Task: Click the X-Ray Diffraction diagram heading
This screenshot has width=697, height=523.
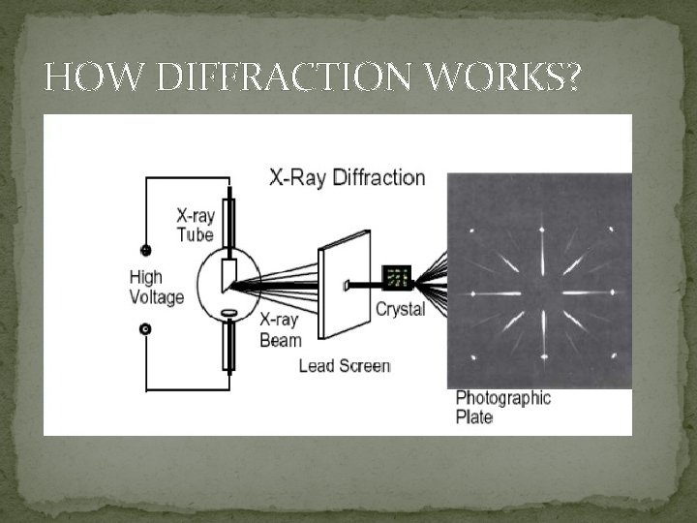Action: (x=348, y=178)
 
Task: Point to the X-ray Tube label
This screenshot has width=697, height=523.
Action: (x=195, y=225)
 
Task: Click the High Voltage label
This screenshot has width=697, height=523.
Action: (x=156, y=288)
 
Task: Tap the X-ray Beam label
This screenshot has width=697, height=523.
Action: (x=281, y=329)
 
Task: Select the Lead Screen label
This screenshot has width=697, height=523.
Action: (x=345, y=366)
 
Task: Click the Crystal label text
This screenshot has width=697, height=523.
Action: (x=399, y=309)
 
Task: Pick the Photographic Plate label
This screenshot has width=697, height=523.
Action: (x=502, y=407)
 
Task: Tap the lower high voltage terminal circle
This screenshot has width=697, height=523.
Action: (x=146, y=329)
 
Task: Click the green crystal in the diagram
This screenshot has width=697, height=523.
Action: (x=397, y=279)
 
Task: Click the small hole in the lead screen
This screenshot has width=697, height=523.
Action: (x=347, y=285)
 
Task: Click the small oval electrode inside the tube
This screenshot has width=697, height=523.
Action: (x=229, y=313)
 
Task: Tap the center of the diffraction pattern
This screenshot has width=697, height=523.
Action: (x=540, y=293)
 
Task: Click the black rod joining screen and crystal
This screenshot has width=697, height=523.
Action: (x=368, y=285)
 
